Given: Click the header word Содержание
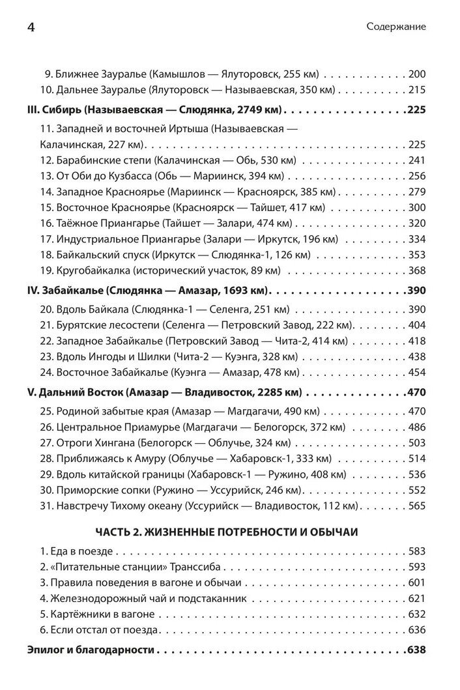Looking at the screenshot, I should [396, 27].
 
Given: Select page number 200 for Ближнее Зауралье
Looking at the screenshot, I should [416, 74].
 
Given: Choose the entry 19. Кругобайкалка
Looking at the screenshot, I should [160, 270].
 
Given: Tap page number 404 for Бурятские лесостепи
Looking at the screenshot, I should [416, 324].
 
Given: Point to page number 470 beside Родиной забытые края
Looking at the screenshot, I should [416, 411].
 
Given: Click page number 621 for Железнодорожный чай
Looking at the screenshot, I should [416, 598].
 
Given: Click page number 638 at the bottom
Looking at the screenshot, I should [416, 650].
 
